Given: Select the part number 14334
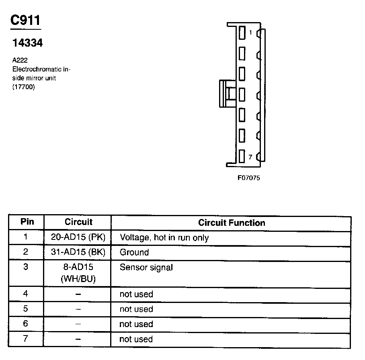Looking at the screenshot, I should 27,43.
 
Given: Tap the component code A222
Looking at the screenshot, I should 20,60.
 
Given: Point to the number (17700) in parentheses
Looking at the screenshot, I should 24,87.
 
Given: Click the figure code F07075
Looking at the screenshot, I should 248,178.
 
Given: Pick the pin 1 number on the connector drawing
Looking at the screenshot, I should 250,33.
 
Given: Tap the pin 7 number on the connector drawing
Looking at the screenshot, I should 250,157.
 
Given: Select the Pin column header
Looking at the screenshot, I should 27,222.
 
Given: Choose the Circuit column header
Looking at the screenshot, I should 78,222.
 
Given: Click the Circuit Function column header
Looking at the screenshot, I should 232,223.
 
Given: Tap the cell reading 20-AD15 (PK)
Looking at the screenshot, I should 78,237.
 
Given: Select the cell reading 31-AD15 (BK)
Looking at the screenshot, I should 78,252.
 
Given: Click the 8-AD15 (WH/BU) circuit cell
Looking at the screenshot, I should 78,273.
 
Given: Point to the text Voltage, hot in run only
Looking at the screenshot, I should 164,238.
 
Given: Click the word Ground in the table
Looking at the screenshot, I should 134,253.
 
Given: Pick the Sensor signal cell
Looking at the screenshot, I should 146,268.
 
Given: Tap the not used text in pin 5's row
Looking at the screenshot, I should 136,309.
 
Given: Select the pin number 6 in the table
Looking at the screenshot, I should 26,324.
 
